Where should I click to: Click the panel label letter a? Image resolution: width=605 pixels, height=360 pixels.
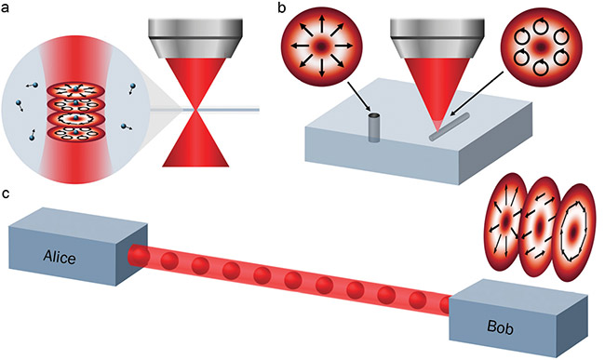click(8, 8)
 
